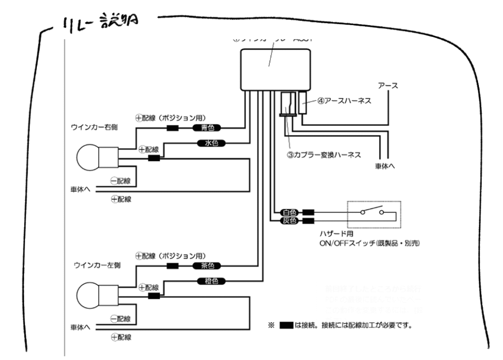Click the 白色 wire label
click(x=289, y=213)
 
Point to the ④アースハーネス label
click(x=343, y=102)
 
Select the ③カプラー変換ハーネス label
click(x=324, y=155)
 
